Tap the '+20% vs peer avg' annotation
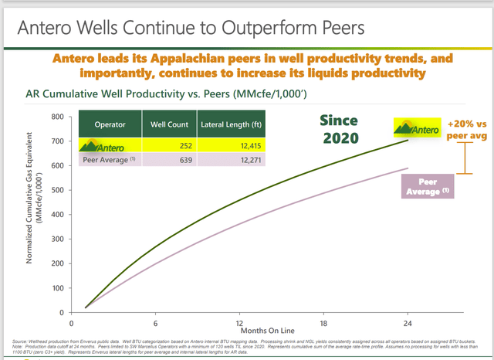[x=464, y=128]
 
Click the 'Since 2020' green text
[x=340, y=130]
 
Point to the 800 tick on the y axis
[x=58, y=117]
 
